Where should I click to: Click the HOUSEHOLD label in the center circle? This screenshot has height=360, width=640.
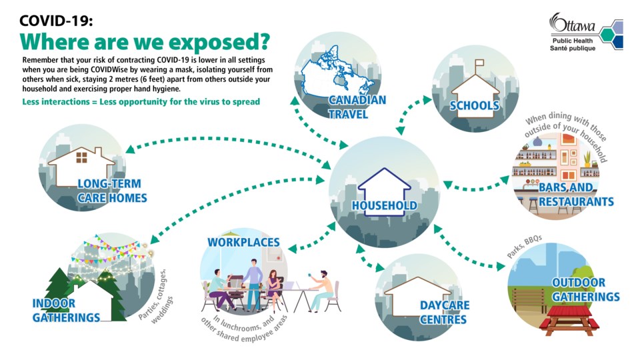point(385,205)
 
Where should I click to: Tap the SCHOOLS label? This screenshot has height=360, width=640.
point(474,106)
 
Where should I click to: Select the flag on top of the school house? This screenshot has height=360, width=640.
point(479,64)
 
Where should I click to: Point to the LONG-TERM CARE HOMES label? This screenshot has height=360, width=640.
point(112,191)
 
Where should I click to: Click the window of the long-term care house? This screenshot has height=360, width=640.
point(81,157)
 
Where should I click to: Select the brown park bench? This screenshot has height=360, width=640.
point(529,299)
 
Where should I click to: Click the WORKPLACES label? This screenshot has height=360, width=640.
point(244,242)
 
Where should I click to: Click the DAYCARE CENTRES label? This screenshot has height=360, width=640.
point(444,312)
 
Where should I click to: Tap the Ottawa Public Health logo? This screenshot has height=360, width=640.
point(586,32)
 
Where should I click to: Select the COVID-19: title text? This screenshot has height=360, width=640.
point(56,21)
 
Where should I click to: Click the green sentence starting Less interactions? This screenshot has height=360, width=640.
point(141,101)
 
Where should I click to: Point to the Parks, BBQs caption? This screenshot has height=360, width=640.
point(525,246)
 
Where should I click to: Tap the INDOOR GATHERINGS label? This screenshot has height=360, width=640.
point(66,310)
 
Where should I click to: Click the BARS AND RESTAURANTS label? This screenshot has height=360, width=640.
point(576,194)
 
